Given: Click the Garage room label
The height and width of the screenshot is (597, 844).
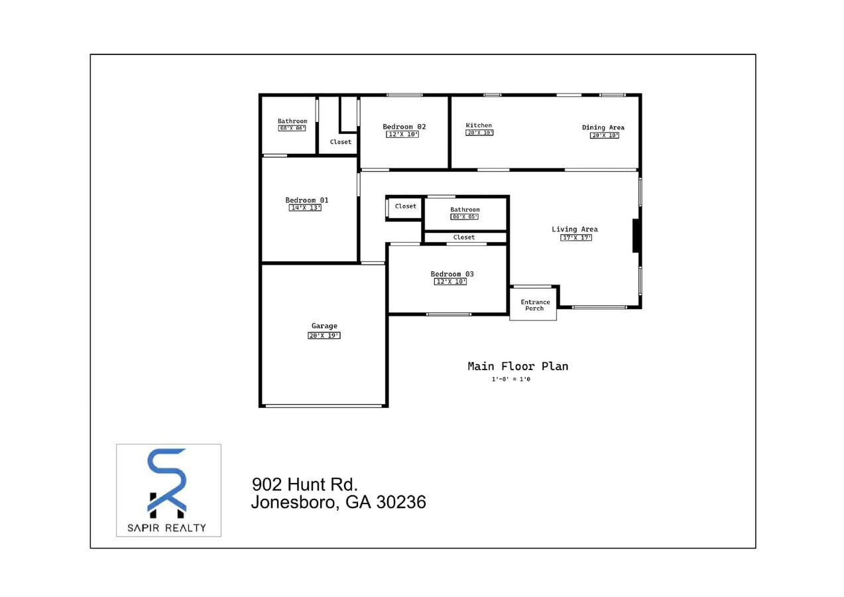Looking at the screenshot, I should coord(324,326).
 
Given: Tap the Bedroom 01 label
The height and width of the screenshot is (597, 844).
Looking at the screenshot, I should coord(306,200).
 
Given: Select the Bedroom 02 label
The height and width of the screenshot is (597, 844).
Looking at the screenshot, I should coord(404,127).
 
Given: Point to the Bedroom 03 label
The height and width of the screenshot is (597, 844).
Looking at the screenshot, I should coord(452,274).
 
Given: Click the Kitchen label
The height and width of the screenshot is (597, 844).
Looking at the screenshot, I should coord(479,125).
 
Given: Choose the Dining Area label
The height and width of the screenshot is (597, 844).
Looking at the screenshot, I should coord(603,127).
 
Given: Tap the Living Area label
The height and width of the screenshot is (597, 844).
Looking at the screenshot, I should coord(574,230).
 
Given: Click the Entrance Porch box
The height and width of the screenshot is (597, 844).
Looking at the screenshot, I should coord(534,305).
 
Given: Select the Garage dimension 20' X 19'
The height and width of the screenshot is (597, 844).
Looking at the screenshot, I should coord(324,336).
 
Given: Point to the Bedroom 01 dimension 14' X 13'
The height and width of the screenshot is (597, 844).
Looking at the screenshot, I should coord(306,208).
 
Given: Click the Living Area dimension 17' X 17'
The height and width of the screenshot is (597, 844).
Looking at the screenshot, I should coord(575,237).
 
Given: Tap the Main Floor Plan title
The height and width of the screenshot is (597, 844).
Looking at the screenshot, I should coord(517,366).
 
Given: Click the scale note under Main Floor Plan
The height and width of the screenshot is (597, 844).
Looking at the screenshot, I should coord(511,379).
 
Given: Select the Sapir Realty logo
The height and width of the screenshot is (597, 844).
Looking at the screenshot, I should coord(168,490).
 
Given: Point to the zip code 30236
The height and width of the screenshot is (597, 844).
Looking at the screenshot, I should coord(400,502).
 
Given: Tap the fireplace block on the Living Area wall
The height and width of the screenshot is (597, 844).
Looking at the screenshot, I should coord(636,235).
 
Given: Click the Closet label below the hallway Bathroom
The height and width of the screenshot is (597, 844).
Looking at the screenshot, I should coord(464,237).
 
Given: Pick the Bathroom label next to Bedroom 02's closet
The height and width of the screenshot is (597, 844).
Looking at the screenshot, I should coord(292,121).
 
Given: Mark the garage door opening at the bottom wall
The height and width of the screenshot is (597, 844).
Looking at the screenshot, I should coord(324,405).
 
